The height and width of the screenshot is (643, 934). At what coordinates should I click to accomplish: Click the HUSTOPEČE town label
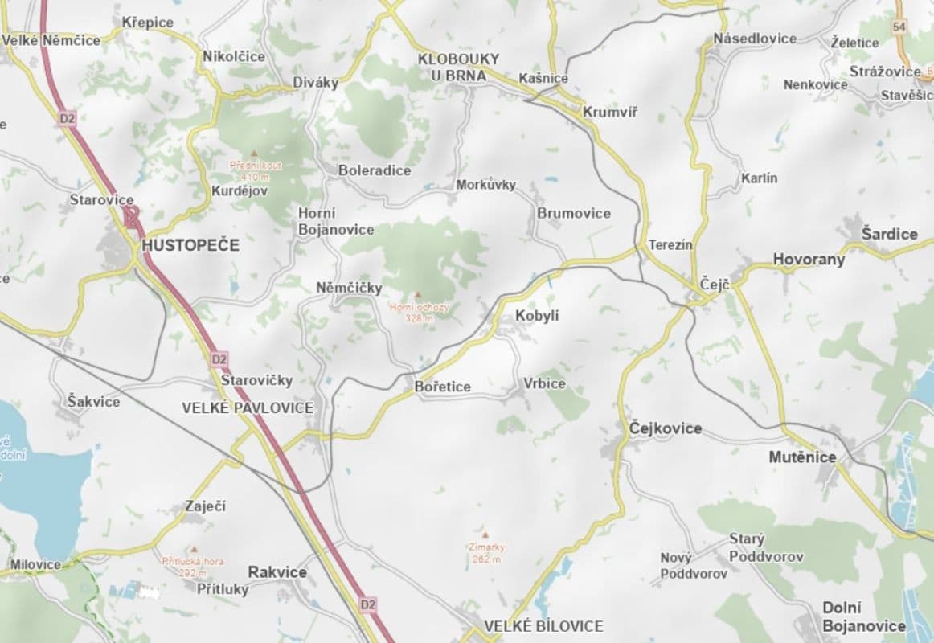pyautogui.click(x=190, y=246)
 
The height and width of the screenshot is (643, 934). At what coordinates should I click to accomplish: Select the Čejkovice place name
pyautogui.click(x=666, y=428)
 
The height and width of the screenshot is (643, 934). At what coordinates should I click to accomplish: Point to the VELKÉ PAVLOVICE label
pyautogui.click(x=248, y=408)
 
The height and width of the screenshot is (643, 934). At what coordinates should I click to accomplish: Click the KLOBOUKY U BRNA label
pyautogui.click(x=458, y=67)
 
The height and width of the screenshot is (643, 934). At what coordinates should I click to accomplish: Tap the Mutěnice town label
pyautogui.click(x=802, y=457)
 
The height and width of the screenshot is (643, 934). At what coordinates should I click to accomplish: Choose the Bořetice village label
pyautogui.click(x=443, y=387)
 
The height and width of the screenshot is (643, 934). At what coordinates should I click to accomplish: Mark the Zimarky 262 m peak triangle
pyautogui.click(x=485, y=534)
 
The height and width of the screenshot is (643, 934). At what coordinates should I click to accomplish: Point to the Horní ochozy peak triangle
pyautogui.click(x=417, y=295)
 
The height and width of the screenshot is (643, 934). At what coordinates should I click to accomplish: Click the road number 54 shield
pyautogui.click(x=899, y=27)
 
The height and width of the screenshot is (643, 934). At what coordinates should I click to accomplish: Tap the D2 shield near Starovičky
pyautogui.click(x=219, y=358)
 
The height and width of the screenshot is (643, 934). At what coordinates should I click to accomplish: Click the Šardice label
pyautogui.click(x=889, y=234)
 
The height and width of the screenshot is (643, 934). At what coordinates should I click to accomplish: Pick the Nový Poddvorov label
pyautogui.click(x=694, y=566)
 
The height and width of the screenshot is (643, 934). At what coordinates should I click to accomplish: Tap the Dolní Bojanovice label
pyautogui.click(x=863, y=617)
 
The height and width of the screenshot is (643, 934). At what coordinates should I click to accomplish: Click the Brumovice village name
pyautogui.click(x=574, y=213)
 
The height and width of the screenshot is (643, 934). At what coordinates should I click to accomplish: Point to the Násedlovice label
pyautogui.click(x=756, y=38)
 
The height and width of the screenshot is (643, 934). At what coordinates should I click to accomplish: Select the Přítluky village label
pyautogui.click(x=223, y=588)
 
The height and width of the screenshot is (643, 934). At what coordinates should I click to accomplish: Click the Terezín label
pyautogui.click(x=670, y=244)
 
